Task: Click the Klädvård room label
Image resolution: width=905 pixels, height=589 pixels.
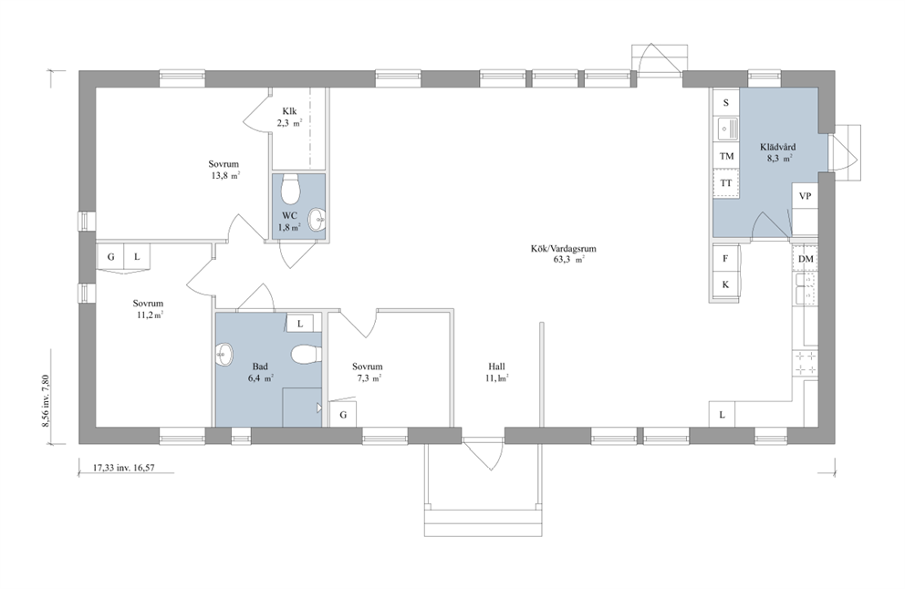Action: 777,147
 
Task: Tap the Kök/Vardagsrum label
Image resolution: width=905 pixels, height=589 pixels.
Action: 563,249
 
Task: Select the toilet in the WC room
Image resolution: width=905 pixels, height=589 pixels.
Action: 290,189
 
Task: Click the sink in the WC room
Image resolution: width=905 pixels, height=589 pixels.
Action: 317,219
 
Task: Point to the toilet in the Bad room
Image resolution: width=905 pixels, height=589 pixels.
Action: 306,355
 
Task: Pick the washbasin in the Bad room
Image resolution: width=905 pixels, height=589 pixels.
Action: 224,354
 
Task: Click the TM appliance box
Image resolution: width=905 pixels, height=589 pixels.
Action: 726,156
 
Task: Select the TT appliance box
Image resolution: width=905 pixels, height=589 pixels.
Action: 726,183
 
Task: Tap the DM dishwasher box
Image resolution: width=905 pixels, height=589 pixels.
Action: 806,259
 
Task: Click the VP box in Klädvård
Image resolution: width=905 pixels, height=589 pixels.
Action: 805,196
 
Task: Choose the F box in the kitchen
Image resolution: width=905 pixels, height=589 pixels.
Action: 725,258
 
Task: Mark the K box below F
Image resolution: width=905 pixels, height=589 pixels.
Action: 725,284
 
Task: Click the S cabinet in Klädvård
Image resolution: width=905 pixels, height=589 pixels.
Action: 726,103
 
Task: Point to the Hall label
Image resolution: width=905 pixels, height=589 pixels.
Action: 496,367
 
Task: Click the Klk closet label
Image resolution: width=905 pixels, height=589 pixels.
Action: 289,111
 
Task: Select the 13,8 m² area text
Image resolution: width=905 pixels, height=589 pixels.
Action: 225,176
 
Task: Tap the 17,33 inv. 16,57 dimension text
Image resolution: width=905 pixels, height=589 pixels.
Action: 123,468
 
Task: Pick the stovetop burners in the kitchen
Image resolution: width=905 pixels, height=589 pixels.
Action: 806,362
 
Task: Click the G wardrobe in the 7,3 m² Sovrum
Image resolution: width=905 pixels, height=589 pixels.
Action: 343,414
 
